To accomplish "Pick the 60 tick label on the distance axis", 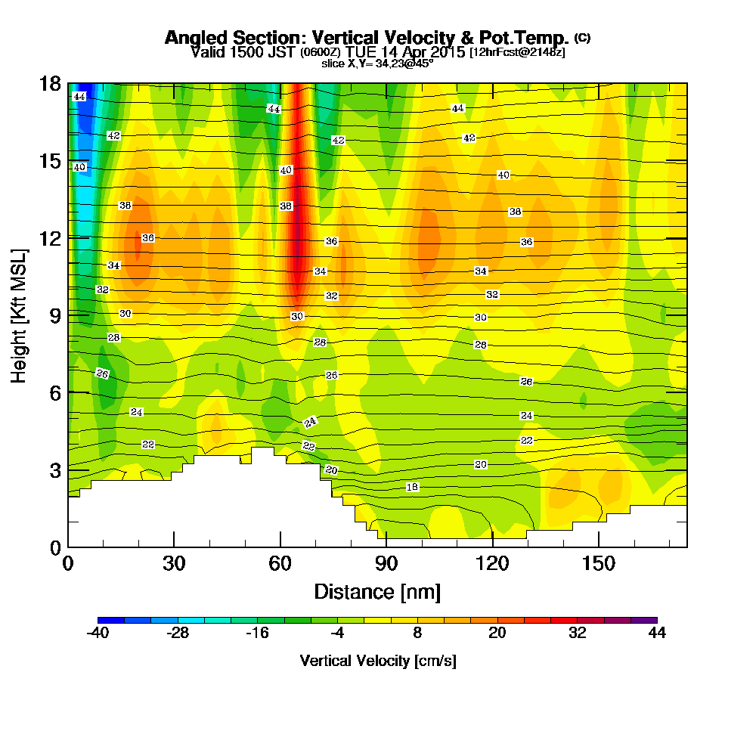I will point(280,563).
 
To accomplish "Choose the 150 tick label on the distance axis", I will point(598,563).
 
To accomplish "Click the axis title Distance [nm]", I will point(377,591).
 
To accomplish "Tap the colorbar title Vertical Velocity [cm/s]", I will point(377,661).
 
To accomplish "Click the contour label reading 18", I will point(412,487).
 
